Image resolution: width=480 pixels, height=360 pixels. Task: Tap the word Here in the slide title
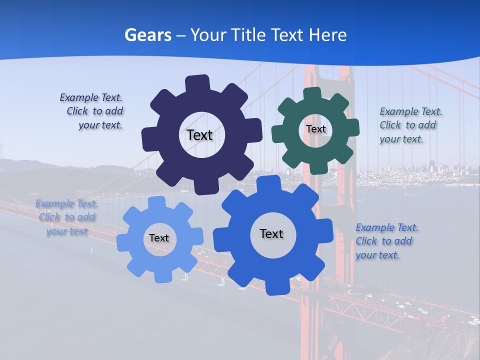(327, 35)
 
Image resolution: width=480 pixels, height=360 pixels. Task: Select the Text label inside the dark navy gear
(199, 135)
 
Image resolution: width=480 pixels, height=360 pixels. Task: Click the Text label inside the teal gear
(315, 129)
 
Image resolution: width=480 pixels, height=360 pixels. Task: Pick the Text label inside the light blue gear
(159, 238)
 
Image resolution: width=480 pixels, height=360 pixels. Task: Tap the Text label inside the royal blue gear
(271, 233)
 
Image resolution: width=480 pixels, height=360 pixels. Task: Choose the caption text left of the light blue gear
(67, 217)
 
